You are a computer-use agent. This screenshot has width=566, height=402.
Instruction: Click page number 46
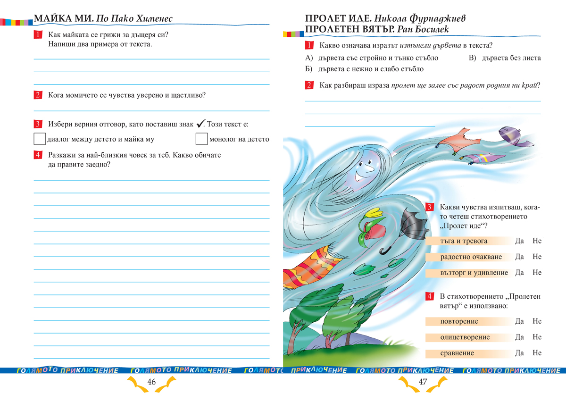151,382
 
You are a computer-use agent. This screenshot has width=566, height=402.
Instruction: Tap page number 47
423,382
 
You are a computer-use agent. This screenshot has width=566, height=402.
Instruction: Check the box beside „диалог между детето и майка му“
40,139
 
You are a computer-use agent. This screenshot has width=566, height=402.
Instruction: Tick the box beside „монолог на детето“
201,139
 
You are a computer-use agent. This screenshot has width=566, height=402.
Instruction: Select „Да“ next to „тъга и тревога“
520,241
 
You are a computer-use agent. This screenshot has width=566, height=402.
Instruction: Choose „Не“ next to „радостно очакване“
537,257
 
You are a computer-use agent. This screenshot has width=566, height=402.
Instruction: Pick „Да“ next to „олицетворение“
520,337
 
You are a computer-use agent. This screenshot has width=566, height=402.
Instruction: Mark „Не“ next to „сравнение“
537,353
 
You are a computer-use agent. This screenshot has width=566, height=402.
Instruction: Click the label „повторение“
459,321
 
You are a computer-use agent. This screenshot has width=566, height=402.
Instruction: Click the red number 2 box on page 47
309,85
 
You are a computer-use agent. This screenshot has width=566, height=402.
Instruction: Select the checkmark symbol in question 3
200,124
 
